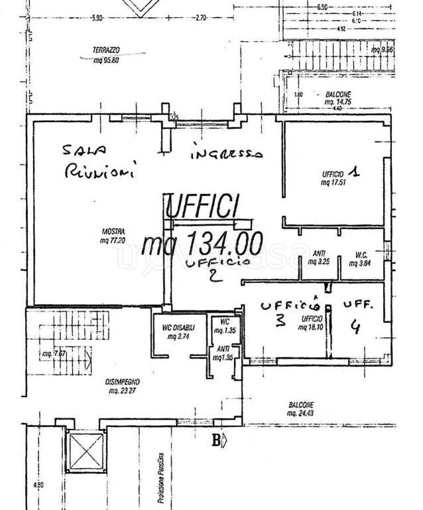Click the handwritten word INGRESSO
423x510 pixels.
[x=226, y=153]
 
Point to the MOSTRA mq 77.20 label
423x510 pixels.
[x=113, y=236]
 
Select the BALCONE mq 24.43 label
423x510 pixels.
[x=301, y=410]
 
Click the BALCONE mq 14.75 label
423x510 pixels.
[x=338, y=98]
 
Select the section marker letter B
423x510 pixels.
[x=215, y=438]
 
